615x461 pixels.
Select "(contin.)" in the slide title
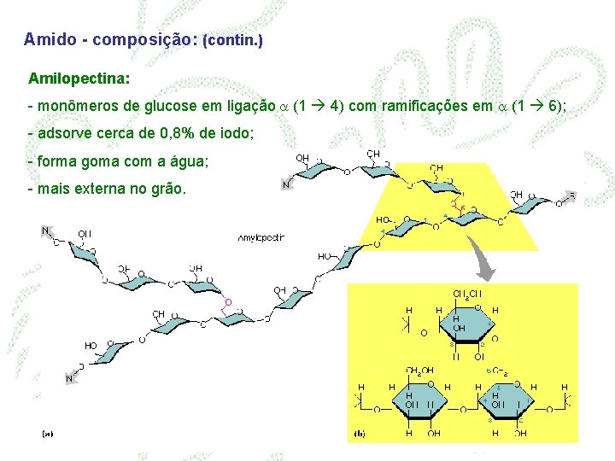tap(232, 40)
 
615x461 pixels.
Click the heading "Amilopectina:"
tap(79, 79)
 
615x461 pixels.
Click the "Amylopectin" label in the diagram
tap(261, 237)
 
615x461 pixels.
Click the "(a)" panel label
tap(48, 434)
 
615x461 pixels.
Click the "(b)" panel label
tap(359, 434)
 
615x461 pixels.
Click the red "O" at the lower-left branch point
tap(228, 302)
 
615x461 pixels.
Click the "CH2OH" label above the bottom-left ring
tap(420, 371)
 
